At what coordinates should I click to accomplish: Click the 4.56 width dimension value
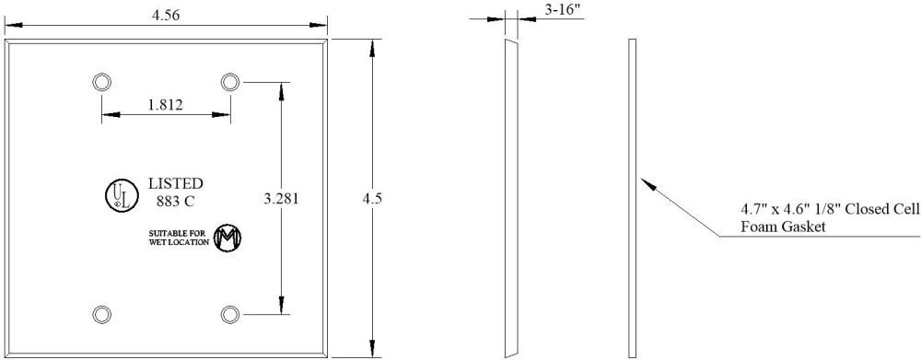point(166,16)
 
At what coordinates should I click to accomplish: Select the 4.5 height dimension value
point(373,199)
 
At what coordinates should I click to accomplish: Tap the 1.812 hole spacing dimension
point(165,105)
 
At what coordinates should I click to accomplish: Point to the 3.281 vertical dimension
point(281,199)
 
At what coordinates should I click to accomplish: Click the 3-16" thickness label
point(560,10)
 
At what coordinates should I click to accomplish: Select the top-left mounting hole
point(102,82)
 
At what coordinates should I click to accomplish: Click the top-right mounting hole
point(230,82)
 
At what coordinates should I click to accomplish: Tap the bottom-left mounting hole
point(102,314)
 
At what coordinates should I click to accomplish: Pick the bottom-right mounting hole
point(230,314)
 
